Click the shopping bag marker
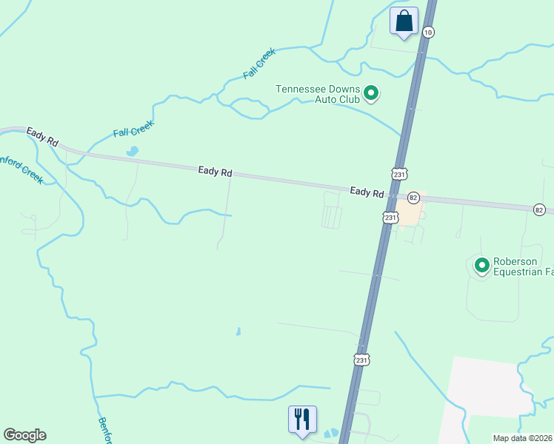point(404,21)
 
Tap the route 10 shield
point(428,32)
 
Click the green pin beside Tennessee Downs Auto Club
point(372,93)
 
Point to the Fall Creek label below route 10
point(259,64)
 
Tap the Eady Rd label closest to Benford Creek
point(42,136)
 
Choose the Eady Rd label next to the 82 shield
point(367,192)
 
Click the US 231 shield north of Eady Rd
point(400,174)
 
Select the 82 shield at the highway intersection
point(413,198)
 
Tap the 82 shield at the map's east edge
point(539,210)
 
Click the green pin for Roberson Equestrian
point(481,264)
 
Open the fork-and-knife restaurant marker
point(302,419)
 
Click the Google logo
point(24,435)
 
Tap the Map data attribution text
point(523,438)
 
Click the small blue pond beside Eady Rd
point(133,152)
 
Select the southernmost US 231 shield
point(361,360)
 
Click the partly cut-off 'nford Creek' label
point(21,169)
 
